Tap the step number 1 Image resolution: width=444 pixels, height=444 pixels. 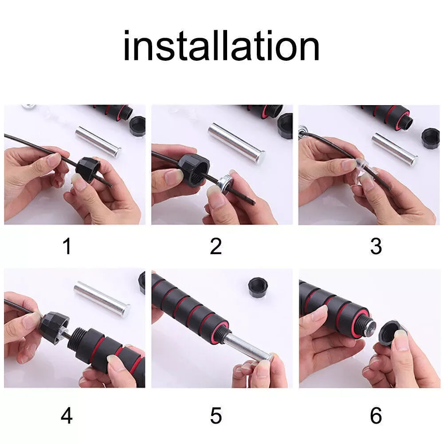(67, 247)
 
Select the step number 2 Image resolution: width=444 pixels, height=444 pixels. (216, 247)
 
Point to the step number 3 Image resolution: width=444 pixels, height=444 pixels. (376, 247)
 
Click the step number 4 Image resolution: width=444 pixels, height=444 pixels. (67, 416)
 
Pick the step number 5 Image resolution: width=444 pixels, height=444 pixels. (216, 416)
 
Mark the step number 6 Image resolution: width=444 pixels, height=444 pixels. (376, 416)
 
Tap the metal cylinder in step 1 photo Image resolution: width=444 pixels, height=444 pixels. (98, 141)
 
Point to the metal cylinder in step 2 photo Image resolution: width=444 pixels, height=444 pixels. (237, 141)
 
